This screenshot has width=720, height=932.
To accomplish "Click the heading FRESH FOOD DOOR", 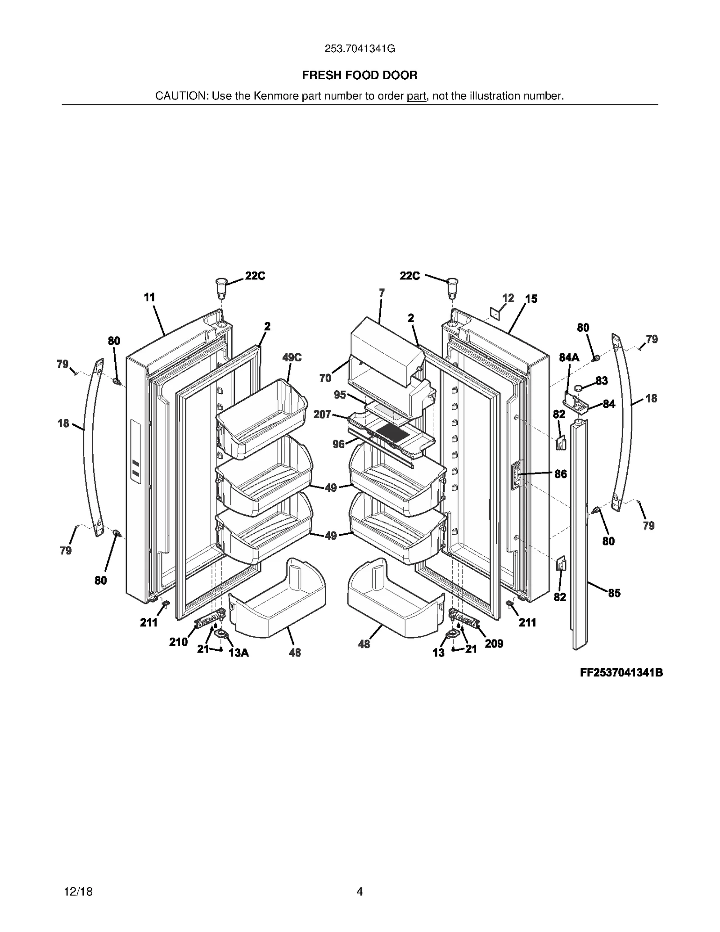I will (x=360, y=75).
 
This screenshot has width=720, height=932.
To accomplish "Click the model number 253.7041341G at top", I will (x=360, y=49).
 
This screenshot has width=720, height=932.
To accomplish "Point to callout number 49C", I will (x=292, y=357).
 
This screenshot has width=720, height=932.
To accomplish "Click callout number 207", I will (x=322, y=414).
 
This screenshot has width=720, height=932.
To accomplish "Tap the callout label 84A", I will (x=569, y=357).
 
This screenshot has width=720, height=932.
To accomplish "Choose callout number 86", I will (x=560, y=473).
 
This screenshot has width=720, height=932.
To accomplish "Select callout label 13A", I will (x=238, y=653).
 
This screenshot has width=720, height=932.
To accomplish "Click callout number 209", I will (x=494, y=644).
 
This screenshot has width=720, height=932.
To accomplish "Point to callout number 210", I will (x=178, y=642).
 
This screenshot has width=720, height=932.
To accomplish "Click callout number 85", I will (x=614, y=593).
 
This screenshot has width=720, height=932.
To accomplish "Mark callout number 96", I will (x=338, y=444).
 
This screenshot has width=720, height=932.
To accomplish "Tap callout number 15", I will (x=531, y=299).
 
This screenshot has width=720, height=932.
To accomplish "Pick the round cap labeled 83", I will (x=579, y=387).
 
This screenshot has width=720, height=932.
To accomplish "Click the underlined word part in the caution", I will (x=416, y=96).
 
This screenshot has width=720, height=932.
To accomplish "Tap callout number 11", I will (x=149, y=297).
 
